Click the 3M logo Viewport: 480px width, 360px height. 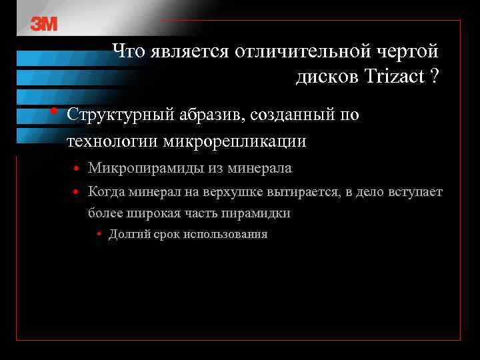(44, 24)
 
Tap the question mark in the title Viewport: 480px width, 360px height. (435, 76)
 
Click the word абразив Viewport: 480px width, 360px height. (211, 115)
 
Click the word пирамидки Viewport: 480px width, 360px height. (257, 213)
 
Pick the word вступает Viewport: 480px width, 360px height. (418, 193)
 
